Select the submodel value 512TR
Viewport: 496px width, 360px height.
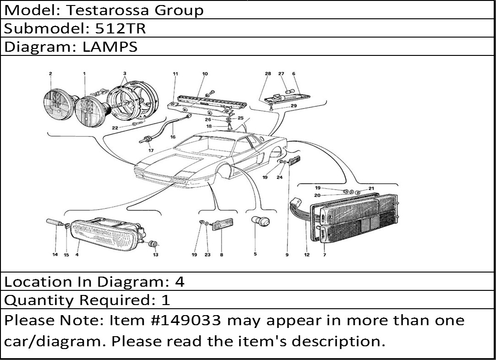pyautogui.click(x=120, y=28)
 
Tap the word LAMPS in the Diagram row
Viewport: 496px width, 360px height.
pyautogui.click(x=110, y=47)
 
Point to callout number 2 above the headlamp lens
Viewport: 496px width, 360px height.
pyautogui.click(x=50, y=74)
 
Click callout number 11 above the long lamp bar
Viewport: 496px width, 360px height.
pyautogui.click(x=175, y=74)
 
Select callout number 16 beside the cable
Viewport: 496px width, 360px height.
pyautogui.click(x=173, y=136)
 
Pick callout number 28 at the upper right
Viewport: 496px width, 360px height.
pyautogui.click(x=268, y=74)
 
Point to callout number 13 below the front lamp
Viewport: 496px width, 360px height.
pyautogui.click(x=156, y=255)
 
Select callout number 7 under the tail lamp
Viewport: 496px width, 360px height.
pyautogui.click(x=324, y=255)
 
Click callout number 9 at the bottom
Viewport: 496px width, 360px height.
pyautogui.click(x=287, y=255)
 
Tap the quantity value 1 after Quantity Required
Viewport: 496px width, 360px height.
pyautogui.click(x=166, y=300)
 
